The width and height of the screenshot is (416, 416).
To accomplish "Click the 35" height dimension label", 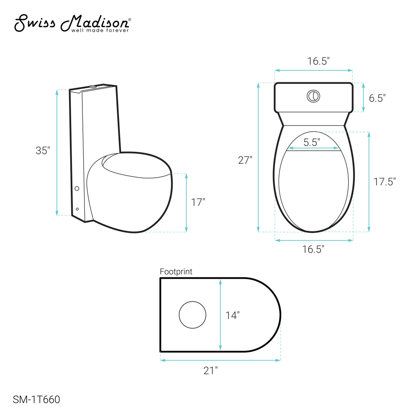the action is tap(43, 151).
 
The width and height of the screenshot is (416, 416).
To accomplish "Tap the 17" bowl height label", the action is tap(198, 202).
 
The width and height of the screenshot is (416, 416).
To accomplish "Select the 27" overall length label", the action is tap(245, 160).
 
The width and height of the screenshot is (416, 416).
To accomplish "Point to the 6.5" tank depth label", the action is tap(377, 98).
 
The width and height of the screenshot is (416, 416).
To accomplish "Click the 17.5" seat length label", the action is tap(384, 182).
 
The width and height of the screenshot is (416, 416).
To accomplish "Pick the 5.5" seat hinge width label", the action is tap(312, 142).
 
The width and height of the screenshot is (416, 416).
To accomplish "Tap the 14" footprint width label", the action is tap(233, 315).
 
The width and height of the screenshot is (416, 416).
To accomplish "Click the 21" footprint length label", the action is tap(210, 370).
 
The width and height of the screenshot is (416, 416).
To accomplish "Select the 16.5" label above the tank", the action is tap(318, 61).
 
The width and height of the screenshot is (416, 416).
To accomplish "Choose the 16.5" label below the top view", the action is tap(313, 249).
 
